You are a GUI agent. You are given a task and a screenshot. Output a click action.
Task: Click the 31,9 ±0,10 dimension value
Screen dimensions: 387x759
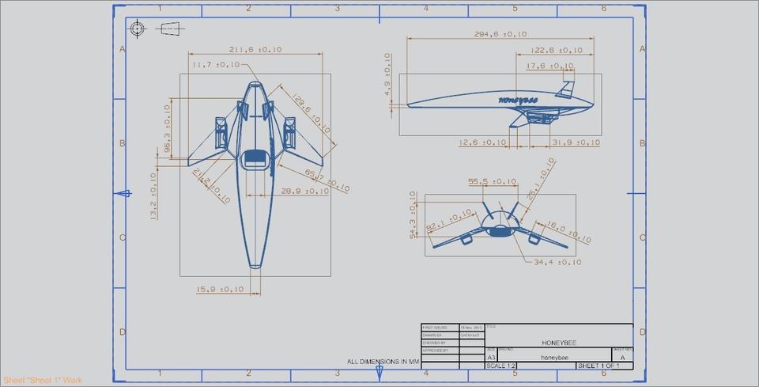pos(575,142)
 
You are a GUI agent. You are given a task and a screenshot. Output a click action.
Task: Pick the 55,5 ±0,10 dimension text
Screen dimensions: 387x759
pos(495,182)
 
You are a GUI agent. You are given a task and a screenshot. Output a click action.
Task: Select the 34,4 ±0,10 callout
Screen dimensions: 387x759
pos(557,262)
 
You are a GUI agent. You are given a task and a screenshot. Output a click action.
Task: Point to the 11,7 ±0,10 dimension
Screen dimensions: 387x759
pos(215,65)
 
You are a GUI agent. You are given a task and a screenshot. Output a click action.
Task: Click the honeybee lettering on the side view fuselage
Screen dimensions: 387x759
pos(518,101)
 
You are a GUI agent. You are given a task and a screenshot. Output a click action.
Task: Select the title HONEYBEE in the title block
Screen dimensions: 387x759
pos(559,342)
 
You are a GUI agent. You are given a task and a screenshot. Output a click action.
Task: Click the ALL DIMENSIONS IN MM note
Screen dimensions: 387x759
pos(382,362)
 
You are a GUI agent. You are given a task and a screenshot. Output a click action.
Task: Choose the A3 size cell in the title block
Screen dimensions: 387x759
pos(491,358)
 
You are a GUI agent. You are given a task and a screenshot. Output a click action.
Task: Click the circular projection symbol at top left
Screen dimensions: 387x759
pos(138,29)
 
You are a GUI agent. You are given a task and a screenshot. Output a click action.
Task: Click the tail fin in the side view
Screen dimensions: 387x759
pos(566,89)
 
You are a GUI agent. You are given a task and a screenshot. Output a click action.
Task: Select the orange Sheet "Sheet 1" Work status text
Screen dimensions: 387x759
pos(42,381)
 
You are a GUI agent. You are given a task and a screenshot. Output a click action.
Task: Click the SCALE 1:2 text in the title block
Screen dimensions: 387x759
pos(501,366)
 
